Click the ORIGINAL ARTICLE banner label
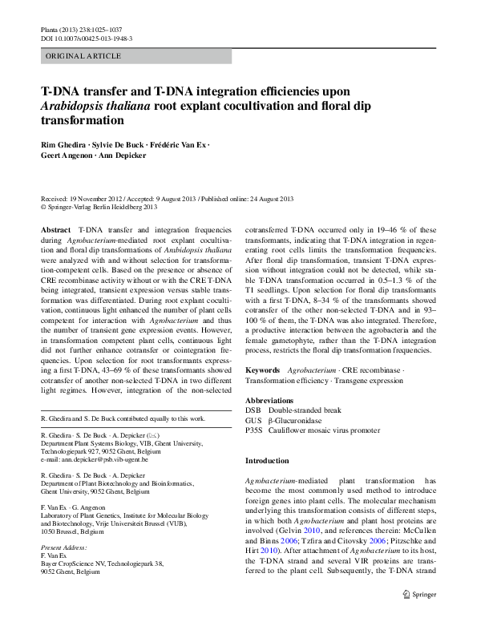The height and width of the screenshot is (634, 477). click(84, 56)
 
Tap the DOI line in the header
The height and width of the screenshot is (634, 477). click(87, 38)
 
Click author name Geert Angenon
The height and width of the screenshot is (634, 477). click(66, 155)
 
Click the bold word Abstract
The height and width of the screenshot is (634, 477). click(55, 229)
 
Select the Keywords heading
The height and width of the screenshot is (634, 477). click(262, 370)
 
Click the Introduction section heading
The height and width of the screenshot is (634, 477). click(267, 461)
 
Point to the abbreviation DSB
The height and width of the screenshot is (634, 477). click(254, 410)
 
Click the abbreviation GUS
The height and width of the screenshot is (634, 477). click(254, 420)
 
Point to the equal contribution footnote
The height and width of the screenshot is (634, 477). click(123, 418)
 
